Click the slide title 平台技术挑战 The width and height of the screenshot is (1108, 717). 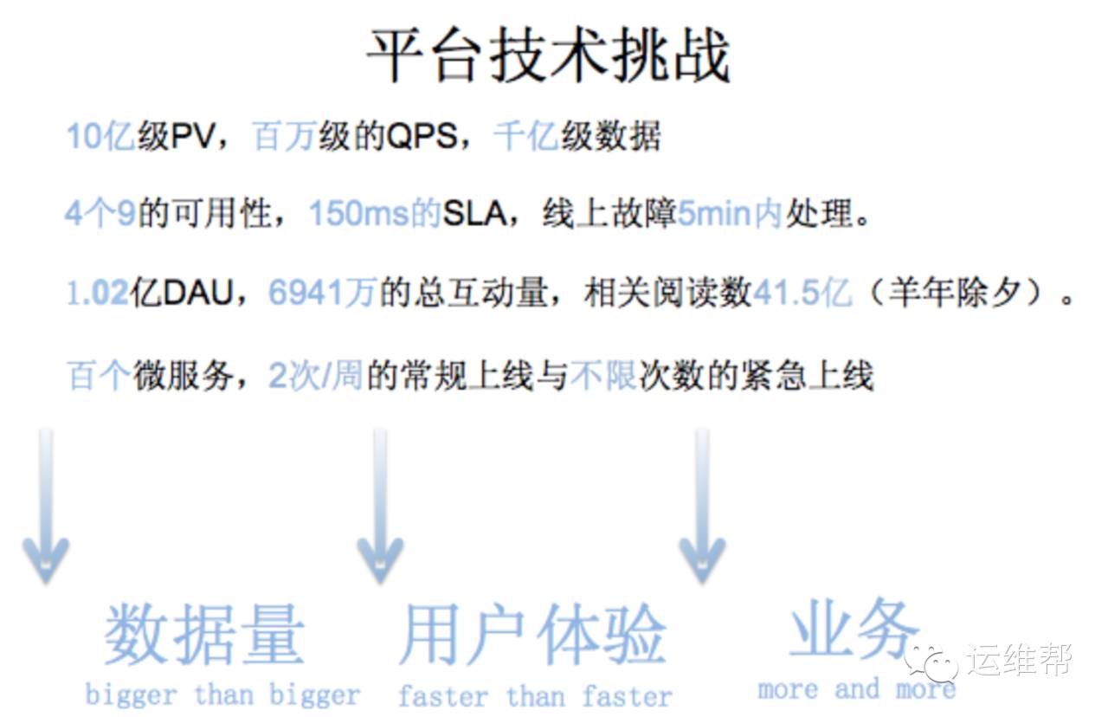click(549, 56)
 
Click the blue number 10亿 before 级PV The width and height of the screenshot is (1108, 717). click(100, 137)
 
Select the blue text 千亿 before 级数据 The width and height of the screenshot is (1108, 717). click(525, 137)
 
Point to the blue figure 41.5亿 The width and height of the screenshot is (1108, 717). click(802, 294)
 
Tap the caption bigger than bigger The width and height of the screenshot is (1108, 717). click(222, 694)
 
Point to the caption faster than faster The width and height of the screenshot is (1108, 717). click(534, 695)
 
